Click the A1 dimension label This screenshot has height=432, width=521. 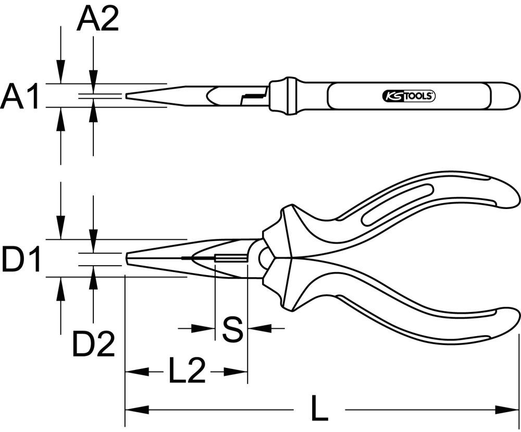[x=20, y=97]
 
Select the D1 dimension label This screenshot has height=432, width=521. [x=21, y=260]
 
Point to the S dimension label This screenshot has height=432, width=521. [x=232, y=329]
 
